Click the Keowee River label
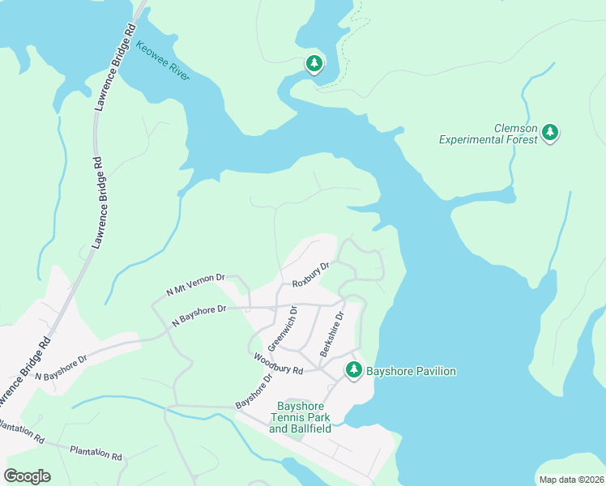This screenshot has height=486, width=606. (163, 62)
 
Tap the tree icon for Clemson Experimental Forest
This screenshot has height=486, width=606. (550, 131)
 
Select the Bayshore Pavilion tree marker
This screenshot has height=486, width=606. (353, 369)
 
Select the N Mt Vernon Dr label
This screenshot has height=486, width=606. (195, 283)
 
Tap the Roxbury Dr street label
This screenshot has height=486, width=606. (311, 273)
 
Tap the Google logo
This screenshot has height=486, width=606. (27, 475)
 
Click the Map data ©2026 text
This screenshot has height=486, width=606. (570, 480)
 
